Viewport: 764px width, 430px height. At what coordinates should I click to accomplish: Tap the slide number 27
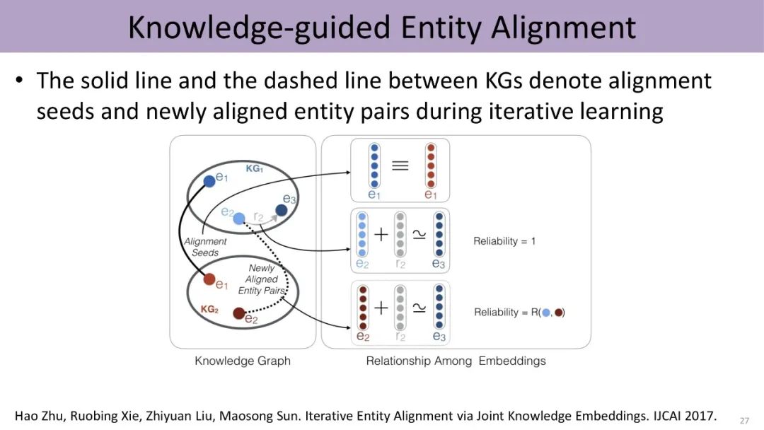point(744,420)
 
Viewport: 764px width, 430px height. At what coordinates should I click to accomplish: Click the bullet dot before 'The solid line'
point(21,81)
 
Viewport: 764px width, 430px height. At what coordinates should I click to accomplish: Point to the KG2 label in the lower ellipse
point(209,310)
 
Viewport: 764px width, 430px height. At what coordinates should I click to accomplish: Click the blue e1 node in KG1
point(209,181)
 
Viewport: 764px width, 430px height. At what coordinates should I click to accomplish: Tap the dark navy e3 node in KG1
point(281,210)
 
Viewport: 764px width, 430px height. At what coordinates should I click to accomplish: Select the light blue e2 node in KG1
point(239,218)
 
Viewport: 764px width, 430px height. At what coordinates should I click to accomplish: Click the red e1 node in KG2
point(209,279)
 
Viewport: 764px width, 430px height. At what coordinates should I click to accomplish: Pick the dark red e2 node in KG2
point(239,313)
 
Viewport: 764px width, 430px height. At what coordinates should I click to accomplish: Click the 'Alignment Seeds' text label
point(205,247)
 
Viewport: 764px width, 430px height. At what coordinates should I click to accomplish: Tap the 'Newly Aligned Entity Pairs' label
point(262,279)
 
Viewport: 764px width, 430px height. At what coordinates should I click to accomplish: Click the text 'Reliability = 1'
point(504,241)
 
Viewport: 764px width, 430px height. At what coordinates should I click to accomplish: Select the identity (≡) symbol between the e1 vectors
point(400,165)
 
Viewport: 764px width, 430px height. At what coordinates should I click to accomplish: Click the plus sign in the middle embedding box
point(381,235)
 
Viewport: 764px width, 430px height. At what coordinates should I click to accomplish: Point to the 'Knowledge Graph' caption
point(243,361)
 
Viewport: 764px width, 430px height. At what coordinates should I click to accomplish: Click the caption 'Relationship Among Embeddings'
point(456,361)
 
